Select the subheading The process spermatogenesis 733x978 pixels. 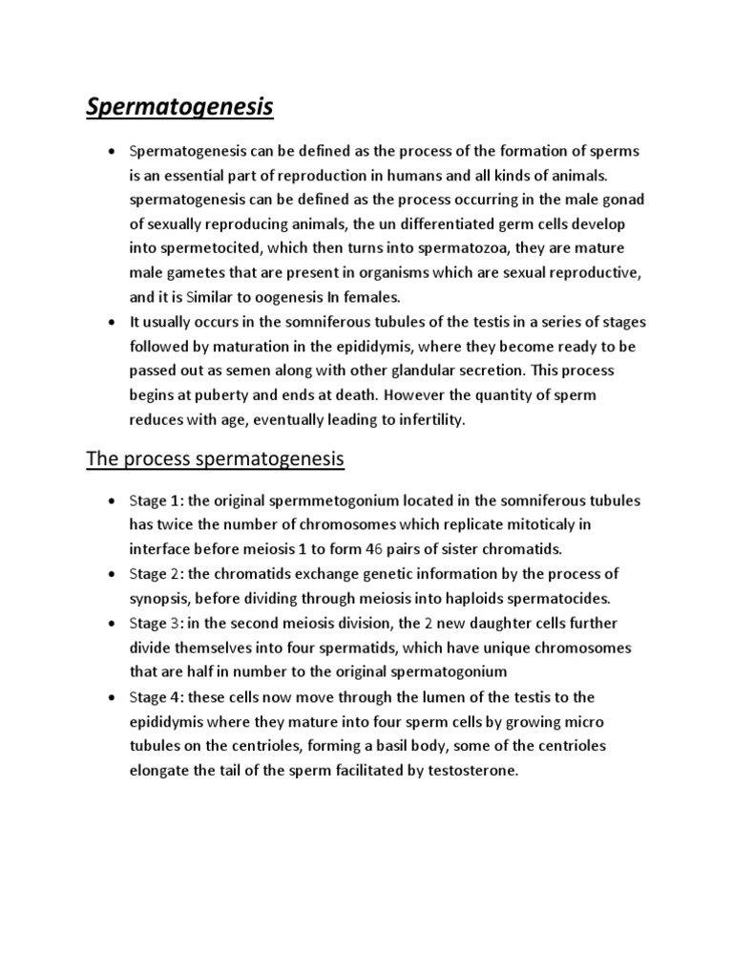point(215,459)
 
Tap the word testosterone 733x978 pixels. point(471,771)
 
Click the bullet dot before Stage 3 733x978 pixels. point(111,624)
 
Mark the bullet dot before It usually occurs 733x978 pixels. point(111,321)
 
